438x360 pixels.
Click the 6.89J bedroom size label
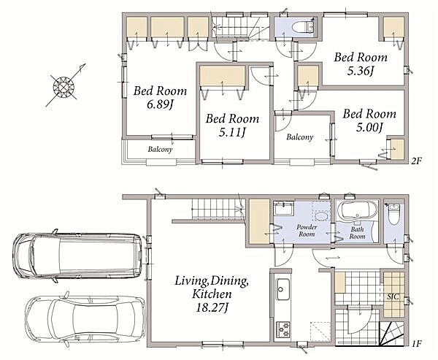(159, 104)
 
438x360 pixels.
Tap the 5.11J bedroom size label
(232, 132)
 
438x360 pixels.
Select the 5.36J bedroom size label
(361, 72)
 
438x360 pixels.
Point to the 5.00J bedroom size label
(369, 128)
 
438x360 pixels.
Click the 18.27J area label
(212, 307)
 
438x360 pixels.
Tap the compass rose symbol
(64, 87)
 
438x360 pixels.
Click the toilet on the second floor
(303, 27)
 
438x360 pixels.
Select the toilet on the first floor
(394, 214)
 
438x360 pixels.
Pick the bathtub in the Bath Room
(357, 211)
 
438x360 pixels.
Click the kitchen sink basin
(283, 289)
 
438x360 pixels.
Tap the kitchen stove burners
(283, 329)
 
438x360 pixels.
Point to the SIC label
(393, 296)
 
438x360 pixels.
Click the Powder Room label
(307, 231)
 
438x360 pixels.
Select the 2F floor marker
(416, 161)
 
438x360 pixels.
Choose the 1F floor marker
(416, 343)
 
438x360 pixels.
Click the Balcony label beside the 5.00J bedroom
(300, 137)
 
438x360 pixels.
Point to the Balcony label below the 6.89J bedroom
(160, 149)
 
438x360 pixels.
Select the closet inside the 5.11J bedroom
(223, 76)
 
